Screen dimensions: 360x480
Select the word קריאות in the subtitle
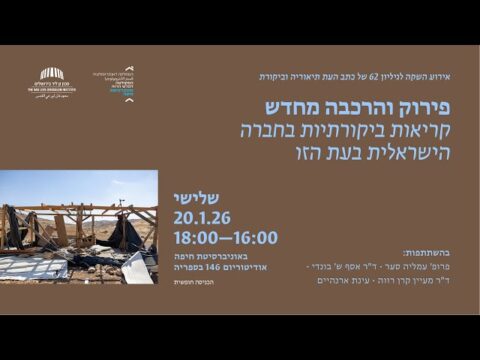coord(405,130)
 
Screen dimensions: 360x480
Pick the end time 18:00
coord(198,238)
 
